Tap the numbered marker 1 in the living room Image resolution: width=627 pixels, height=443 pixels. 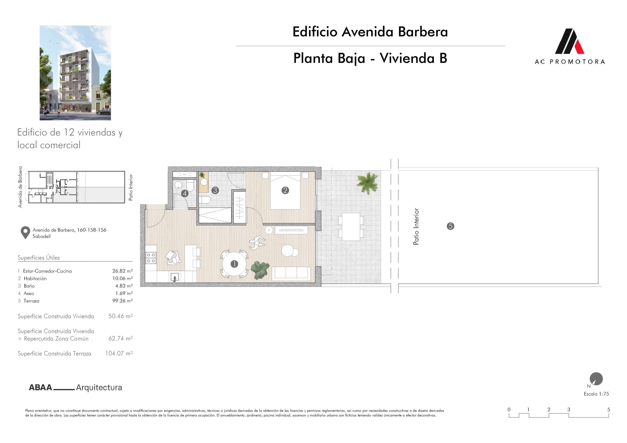[234, 264]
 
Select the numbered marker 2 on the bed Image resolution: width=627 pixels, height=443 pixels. [285, 190]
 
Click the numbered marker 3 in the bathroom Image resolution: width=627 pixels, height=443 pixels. [215, 190]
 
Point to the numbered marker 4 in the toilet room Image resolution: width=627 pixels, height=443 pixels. [185, 194]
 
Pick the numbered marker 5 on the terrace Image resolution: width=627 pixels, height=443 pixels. [450, 226]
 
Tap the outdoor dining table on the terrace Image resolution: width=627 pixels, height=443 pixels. [351, 227]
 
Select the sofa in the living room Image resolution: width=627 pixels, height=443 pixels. [291, 273]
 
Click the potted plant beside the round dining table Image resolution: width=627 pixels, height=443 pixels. [260, 270]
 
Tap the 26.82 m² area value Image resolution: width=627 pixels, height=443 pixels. [122, 271]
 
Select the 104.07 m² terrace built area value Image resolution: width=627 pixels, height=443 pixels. [119, 353]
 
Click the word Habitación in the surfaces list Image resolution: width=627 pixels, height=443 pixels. [35, 279]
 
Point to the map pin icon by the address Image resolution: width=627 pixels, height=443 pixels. [25, 233]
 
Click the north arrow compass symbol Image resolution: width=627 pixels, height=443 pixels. [596, 379]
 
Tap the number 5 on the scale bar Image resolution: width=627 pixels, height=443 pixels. [609, 409]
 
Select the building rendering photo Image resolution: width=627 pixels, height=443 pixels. [75, 73]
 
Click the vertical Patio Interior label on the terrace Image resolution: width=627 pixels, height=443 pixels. [416, 227]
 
